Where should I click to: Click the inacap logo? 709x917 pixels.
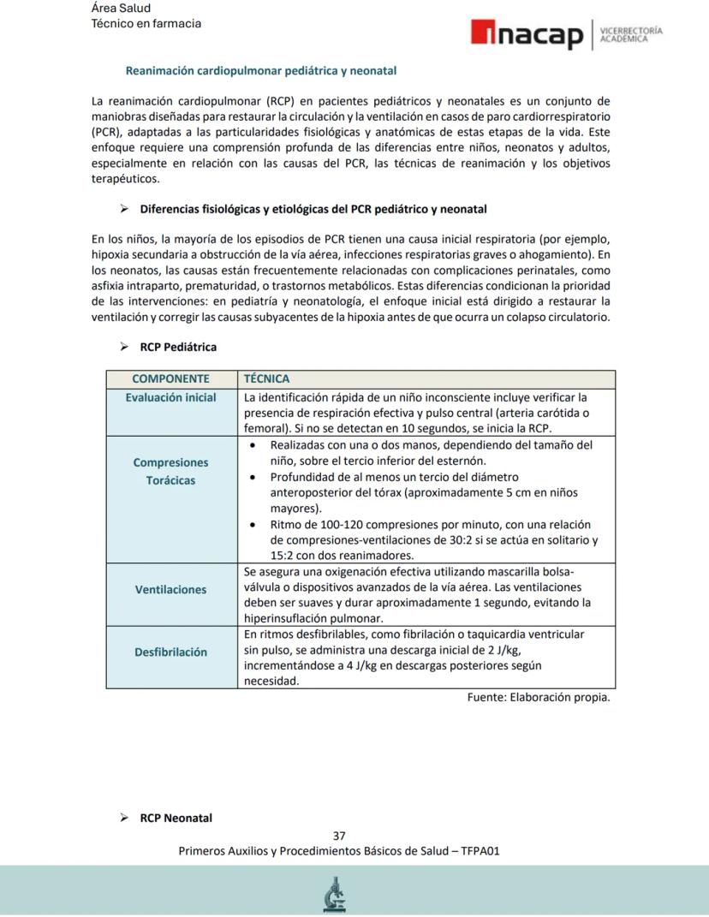(x=526, y=35)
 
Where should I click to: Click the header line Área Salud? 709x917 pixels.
(x=121, y=8)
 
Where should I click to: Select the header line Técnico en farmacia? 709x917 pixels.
(x=146, y=23)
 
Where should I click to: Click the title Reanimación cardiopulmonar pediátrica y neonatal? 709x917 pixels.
(x=260, y=70)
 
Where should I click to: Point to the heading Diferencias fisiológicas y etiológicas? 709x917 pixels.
(x=313, y=209)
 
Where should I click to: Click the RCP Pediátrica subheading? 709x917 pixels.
(x=178, y=347)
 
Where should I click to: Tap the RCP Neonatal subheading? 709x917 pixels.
(x=176, y=818)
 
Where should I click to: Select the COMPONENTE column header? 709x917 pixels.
(x=170, y=378)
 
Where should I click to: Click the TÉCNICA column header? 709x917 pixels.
(x=266, y=378)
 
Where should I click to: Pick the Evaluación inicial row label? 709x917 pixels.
(x=170, y=397)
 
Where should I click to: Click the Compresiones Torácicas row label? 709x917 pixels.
(x=170, y=471)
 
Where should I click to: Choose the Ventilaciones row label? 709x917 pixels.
(x=170, y=589)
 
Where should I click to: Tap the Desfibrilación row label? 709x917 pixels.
(x=170, y=652)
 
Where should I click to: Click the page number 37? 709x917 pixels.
(x=339, y=836)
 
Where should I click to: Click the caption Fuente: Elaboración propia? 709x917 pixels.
(x=538, y=697)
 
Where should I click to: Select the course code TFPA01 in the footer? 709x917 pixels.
(x=480, y=851)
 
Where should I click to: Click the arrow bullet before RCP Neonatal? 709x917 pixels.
(x=124, y=818)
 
